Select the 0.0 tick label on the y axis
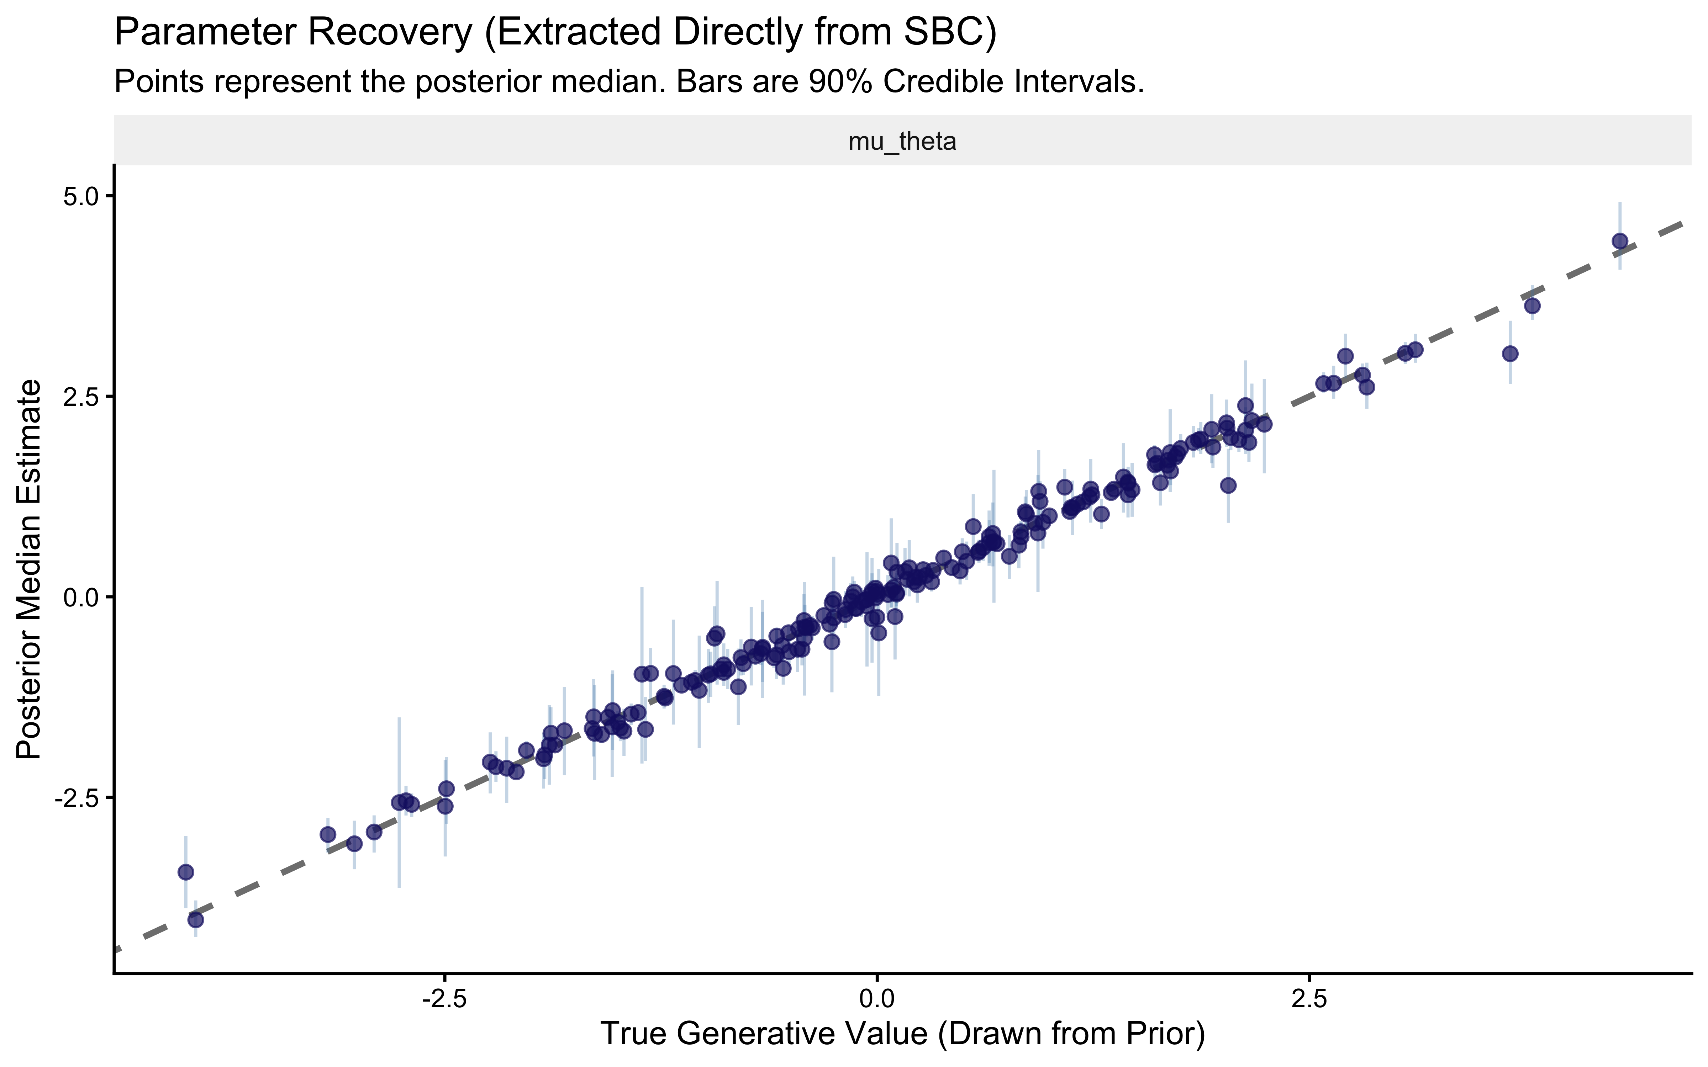pyautogui.click(x=83, y=597)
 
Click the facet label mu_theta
pyautogui.click(x=902, y=142)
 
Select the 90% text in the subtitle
pyautogui.click(x=841, y=83)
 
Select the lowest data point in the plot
pyautogui.click(x=195, y=919)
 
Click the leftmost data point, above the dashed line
pyautogui.click(x=186, y=872)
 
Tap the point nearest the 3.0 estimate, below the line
pyautogui.click(x=1510, y=354)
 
